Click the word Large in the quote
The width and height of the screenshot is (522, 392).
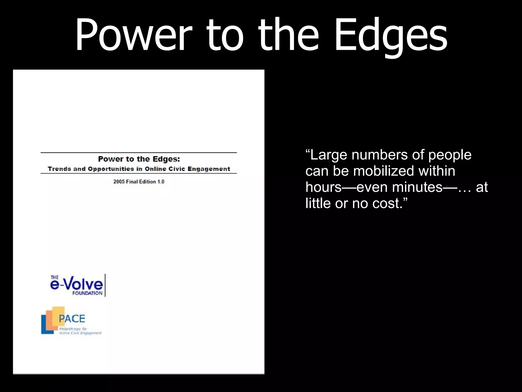coord(329,155)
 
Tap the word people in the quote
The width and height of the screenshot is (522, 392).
coord(450,155)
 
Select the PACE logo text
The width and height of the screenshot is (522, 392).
coord(72,319)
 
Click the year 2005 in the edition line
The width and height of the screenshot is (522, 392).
coord(119,182)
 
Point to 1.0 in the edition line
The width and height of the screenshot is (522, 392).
coord(161,182)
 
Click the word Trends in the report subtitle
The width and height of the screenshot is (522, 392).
coord(59,169)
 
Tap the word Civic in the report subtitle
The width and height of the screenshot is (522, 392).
coord(177,169)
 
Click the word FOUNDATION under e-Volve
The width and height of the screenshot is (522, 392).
coord(87,293)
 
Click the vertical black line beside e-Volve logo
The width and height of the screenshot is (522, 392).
coord(105,285)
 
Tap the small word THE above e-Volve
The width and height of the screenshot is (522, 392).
coord(55,277)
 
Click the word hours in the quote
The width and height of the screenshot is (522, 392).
coord(323,187)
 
